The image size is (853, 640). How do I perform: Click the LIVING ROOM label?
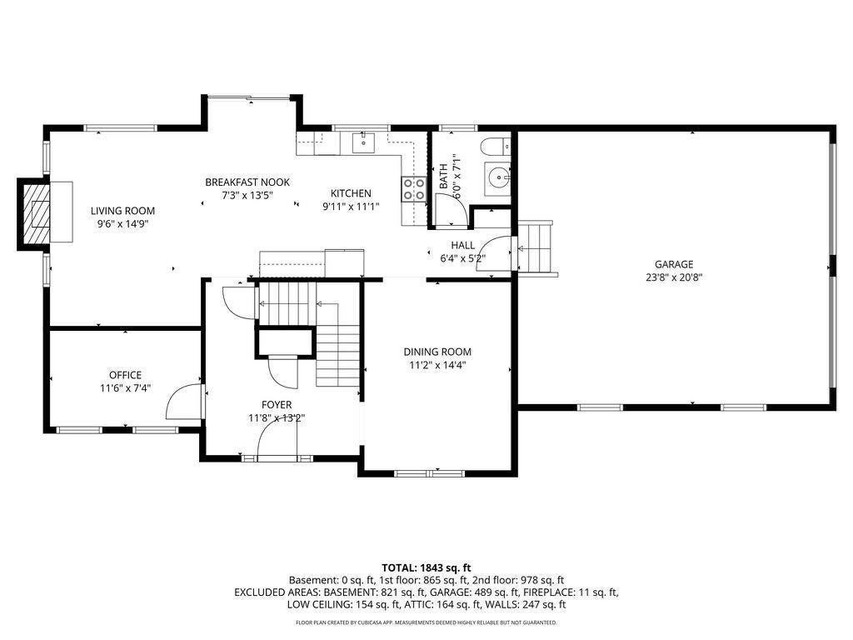[x=122, y=211]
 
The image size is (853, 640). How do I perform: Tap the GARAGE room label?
[x=673, y=264]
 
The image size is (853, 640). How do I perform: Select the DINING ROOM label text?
[x=437, y=352]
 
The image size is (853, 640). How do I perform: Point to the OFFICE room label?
[x=125, y=375]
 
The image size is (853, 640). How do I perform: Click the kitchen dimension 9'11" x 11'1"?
[x=351, y=207]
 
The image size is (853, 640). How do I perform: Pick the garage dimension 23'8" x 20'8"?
[x=674, y=277]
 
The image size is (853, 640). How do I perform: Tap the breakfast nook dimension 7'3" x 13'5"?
[x=247, y=195]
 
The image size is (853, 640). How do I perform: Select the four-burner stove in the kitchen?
[x=414, y=189]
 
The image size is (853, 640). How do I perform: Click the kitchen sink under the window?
[x=363, y=142]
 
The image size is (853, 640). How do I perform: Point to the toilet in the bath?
[x=495, y=146]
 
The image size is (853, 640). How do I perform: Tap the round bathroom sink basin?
[x=497, y=177]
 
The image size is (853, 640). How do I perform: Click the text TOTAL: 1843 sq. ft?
[x=426, y=568]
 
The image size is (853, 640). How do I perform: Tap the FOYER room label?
[x=277, y=405]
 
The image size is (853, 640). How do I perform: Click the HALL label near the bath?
[x=462, y=246]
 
